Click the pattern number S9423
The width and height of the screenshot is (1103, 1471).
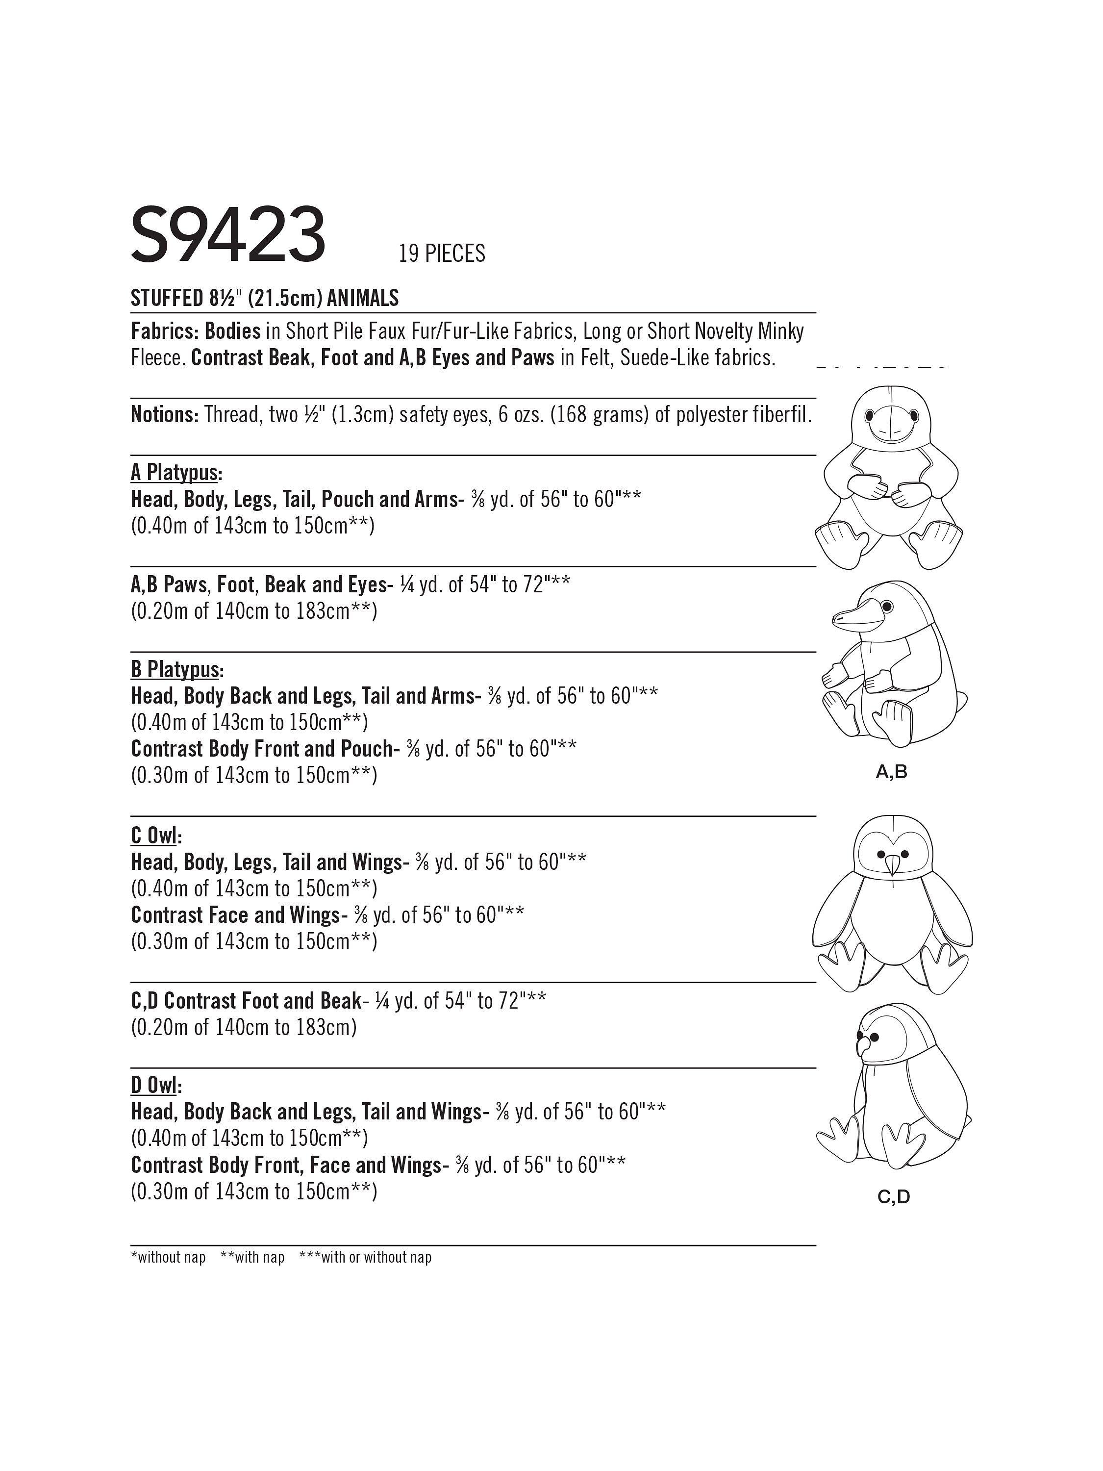[x=228, y=235]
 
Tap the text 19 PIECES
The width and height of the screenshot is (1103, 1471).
[x=442, y=254]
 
